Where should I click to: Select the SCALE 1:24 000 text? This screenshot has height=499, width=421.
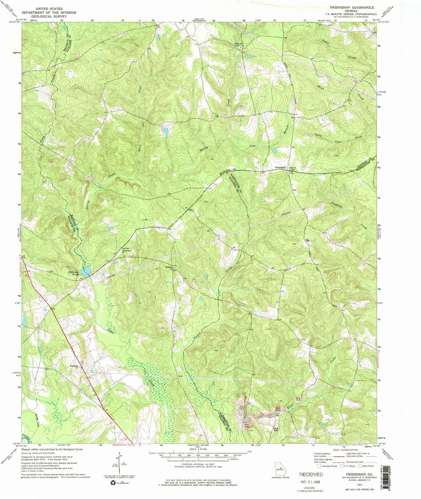tap(199, 449)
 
